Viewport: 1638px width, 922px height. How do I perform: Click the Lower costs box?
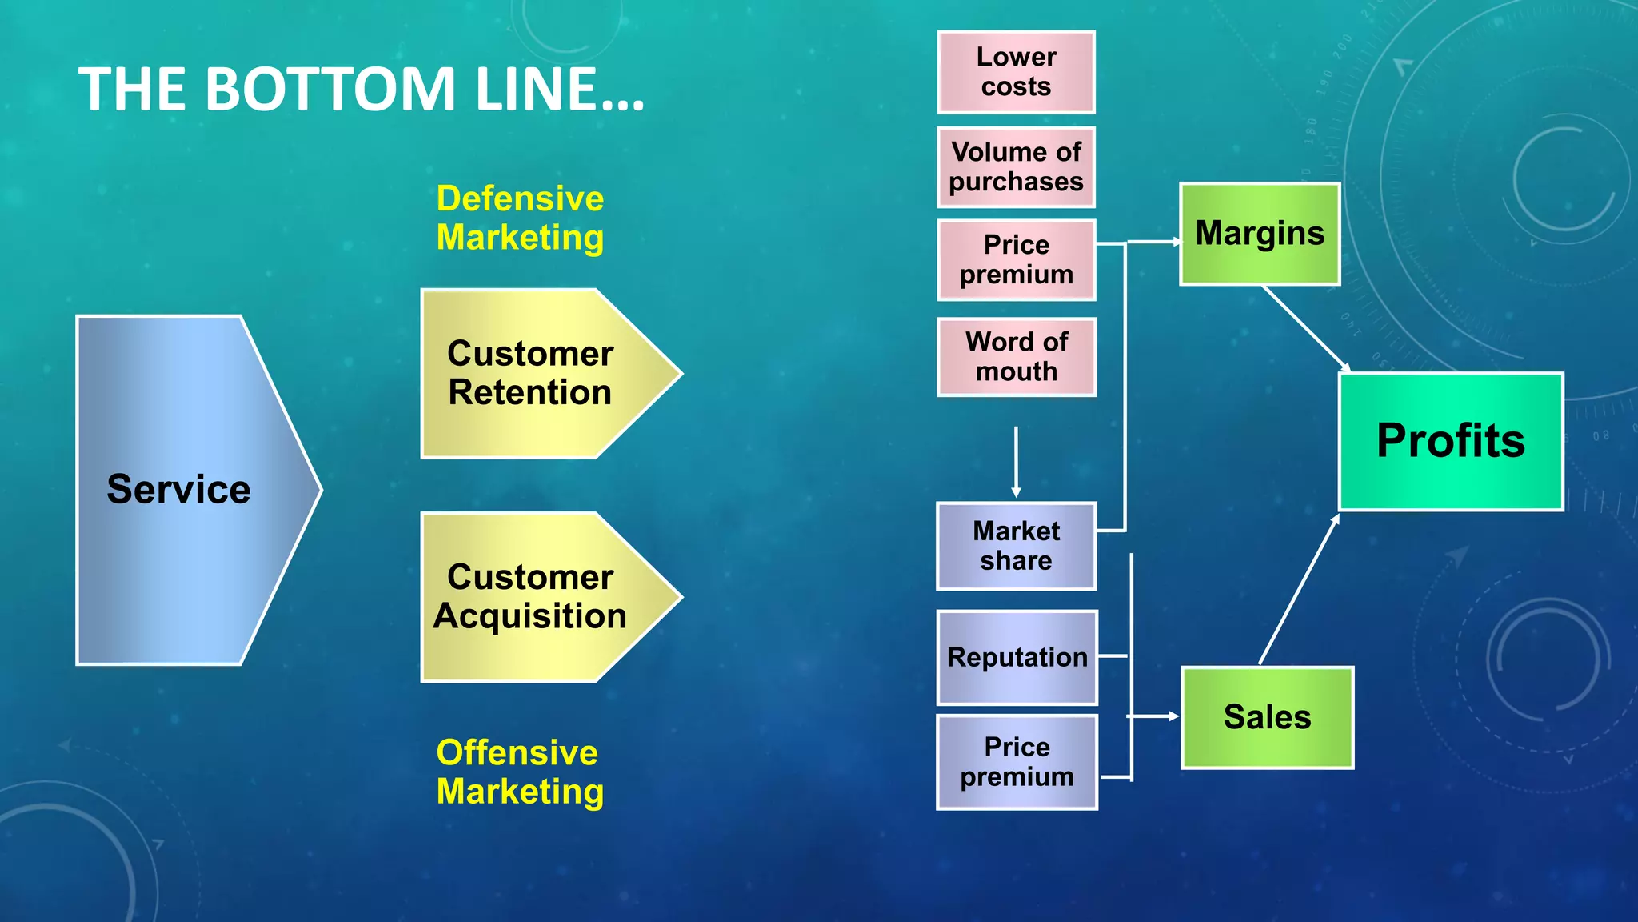point(1016,72)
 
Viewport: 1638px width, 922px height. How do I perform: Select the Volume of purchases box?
point(1016,167)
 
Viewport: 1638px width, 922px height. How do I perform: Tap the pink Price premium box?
point(1016,260)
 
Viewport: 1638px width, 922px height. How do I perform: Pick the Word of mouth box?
point(1016,357)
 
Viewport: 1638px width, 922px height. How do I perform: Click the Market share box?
point(1016,547)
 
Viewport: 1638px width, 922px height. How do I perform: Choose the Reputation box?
point(1017,658)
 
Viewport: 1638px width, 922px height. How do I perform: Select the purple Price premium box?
point(1017,762)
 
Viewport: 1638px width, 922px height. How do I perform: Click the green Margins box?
point(1260,234)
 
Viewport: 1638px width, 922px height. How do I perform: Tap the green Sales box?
point(1267,717)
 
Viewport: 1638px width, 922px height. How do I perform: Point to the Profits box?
point(1451,441)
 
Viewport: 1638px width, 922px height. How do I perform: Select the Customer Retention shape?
point(536,374)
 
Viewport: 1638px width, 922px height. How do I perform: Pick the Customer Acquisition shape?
point(536,597)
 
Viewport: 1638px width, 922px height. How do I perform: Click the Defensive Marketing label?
point(520,218)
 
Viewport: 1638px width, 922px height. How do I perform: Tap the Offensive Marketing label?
point(520,772)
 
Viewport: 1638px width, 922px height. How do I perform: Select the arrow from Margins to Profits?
point(1306,328)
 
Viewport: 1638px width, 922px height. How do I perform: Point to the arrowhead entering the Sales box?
point(1173,716)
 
